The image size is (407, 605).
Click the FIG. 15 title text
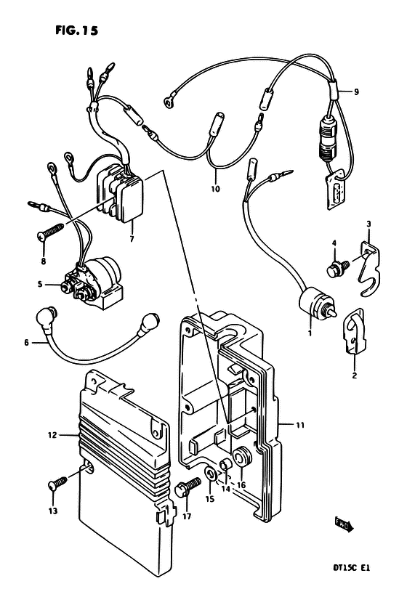77,31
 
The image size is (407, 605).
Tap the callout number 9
356,92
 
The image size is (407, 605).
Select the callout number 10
215,189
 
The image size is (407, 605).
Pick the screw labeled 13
58,483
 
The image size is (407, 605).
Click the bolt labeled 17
188,487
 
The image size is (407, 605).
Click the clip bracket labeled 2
354,331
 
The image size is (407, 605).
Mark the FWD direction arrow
344,525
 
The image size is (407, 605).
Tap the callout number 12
52,435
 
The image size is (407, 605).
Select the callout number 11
300,425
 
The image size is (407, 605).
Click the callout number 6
26,342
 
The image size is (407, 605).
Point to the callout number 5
40,285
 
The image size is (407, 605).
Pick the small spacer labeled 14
226,465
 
